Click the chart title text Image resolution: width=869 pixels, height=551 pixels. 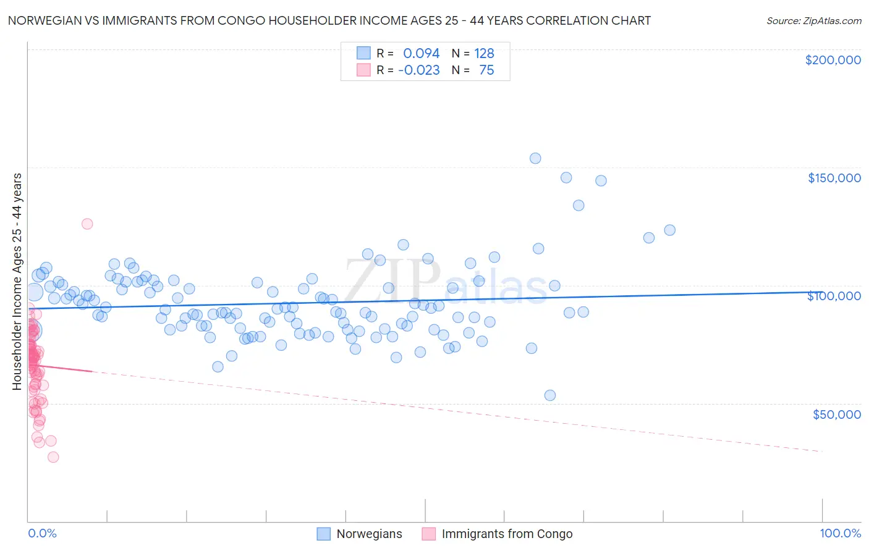pyautogui.click(x=329, y=20)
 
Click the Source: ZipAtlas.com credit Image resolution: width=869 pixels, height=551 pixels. pyautogui.click(x=813, y=20)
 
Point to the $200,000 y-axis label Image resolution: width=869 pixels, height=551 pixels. pyautogui.click(x=833, y=60)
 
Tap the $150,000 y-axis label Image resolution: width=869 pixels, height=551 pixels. pyautogui.click(x=834, y=178)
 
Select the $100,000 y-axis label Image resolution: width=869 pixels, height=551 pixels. pyautogui.click(x=834, y=296)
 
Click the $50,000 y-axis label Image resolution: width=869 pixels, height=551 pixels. pyautogui.click(x=836, y=414)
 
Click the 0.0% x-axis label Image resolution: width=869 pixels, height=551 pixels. pyautogui.click(x=42, y=533)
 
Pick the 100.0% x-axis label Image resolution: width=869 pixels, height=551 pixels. pyautogui.click(x=840, y=533)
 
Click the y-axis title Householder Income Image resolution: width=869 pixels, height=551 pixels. pyautogui.click(x=17, y=282)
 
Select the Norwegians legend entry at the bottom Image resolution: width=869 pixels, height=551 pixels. pyautogui.click(x=369, y=534)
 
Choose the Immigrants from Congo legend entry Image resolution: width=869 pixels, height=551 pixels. pyautogui.click(x=507, y=534)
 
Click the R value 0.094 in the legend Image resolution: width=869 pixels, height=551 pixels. pyautogui.click(x=421, y=53)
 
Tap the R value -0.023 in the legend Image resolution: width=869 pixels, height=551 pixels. pyautogui.click(x=418, y=70)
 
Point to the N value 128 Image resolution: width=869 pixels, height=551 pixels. pyautogui.click(x=484, y=53)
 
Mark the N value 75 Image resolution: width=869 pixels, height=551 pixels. pyautogui.click(x=486, y=70)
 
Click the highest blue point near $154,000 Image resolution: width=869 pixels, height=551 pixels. pyautogui.click(x=535, y=158)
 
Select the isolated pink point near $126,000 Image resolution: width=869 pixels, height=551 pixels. pyautogui.click(x=87, y=224)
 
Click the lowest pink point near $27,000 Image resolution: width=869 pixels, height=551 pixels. pyautogui.click(x=53, y=457)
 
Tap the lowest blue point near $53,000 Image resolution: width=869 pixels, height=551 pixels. pyautogui.click(x=550, y=395)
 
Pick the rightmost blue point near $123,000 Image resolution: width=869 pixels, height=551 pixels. pyautogui.click(x=669, y=230)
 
